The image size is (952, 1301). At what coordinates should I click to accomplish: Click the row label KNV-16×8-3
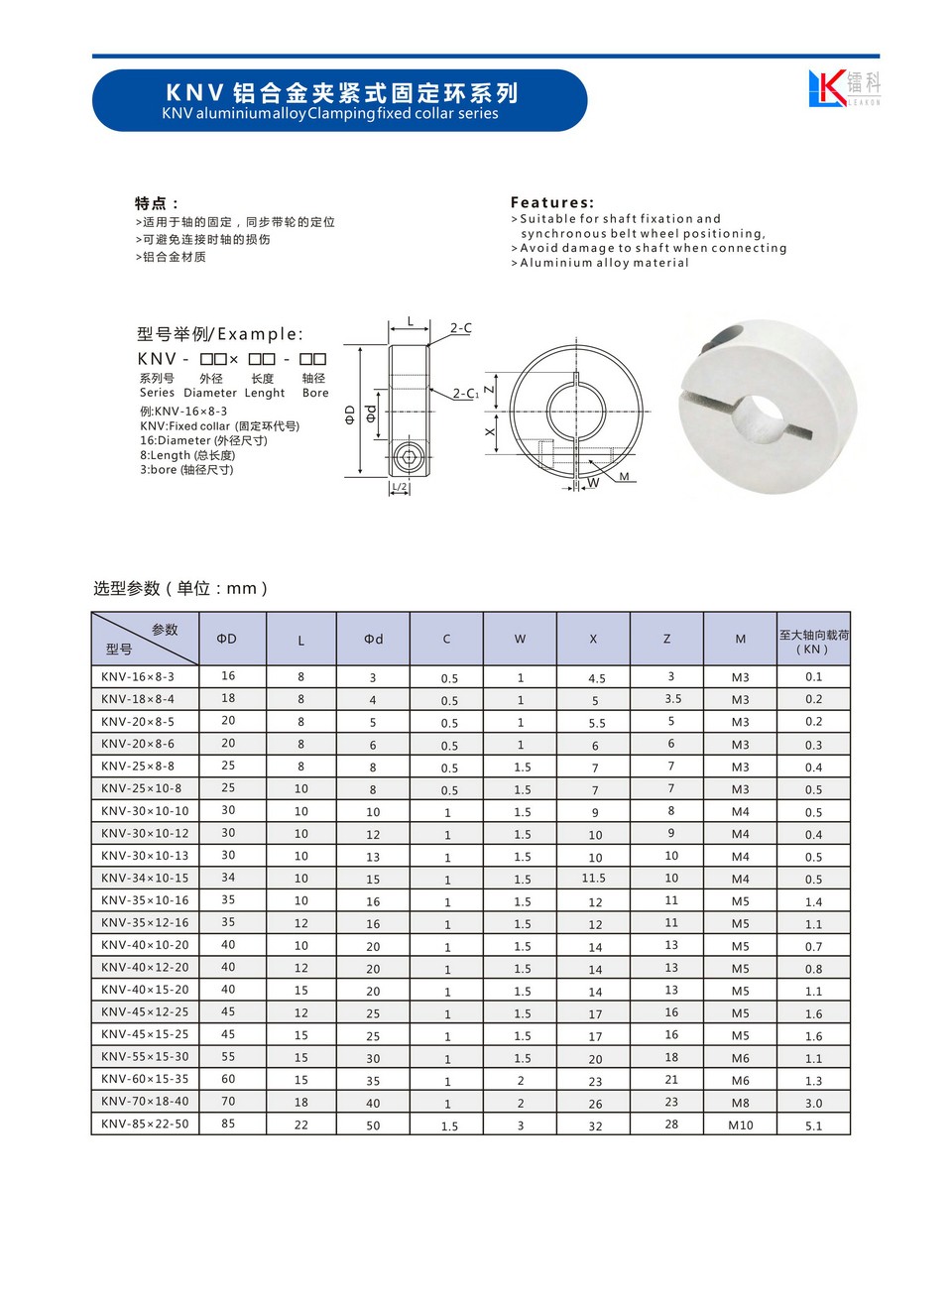click(x=138, y=677)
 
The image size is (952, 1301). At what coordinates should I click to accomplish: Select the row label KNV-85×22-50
click(x=145, y=1124)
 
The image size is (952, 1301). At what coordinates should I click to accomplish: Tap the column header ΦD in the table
click(x=227, y=640)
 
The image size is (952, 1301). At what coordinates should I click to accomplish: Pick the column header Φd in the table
click(x=373, y=640)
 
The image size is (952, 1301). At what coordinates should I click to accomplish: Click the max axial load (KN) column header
click(x=813, y=642)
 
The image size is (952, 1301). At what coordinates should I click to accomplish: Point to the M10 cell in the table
click(x=741, y=1125)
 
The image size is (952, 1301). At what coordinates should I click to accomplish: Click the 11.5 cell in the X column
click(x=594, y=879)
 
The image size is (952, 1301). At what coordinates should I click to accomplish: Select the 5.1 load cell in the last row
click(x=813, y=1125)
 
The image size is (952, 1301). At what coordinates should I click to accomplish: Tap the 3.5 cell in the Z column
click(x=672, y=699)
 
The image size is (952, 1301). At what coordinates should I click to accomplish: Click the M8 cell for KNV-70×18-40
click(x=741, y=1103)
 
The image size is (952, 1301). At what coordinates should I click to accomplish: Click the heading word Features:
click(x=552, y=202)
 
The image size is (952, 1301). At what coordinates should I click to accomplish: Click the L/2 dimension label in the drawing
click(x=399, y=487)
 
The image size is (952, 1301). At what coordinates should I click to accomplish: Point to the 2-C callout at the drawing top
click(x=461, y=328)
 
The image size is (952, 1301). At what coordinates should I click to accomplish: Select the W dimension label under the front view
click(x=593, y=483)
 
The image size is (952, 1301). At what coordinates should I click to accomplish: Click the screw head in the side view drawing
click(x=409, y=457)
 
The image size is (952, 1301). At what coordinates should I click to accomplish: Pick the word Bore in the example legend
click(x=315, y=393)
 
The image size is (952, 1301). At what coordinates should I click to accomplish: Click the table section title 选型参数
click(x=126, y=588)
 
